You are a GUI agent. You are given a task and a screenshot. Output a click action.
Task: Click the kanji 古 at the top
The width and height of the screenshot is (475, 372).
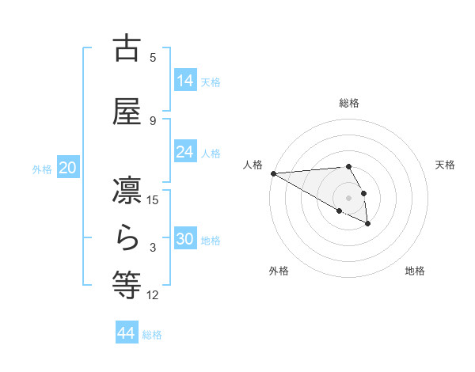(x=127, y=48)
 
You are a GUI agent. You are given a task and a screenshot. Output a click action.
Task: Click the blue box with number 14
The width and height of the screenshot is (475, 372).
(x=185, y=80)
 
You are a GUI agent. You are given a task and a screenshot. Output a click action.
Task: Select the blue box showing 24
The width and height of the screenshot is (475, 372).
(x=185, y=152)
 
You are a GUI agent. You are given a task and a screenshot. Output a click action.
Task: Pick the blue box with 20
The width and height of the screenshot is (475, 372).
(x=67, y=168)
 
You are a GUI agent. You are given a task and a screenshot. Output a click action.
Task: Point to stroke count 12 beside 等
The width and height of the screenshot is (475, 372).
(x=153, y=295)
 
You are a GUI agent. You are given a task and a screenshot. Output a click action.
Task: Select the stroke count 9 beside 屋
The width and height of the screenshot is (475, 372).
(x=153, y=120)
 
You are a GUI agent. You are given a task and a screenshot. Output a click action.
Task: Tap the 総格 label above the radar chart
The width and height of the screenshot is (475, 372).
(x=349, y=103)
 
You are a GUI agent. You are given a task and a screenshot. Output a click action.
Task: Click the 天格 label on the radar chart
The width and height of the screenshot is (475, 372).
(x=446, y=165)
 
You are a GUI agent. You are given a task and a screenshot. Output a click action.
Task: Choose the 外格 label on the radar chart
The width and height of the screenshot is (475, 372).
(x=279, y=271)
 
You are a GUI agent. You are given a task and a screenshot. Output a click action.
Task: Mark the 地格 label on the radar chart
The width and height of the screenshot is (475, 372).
(x=415, y=271)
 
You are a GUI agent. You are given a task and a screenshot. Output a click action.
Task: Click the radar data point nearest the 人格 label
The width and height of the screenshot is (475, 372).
(x=273, y=173)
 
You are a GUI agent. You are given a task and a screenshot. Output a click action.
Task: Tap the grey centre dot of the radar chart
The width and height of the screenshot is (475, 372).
(x=349, y=198)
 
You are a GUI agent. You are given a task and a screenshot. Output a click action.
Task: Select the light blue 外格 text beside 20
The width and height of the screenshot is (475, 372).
(x=42, y=169)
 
